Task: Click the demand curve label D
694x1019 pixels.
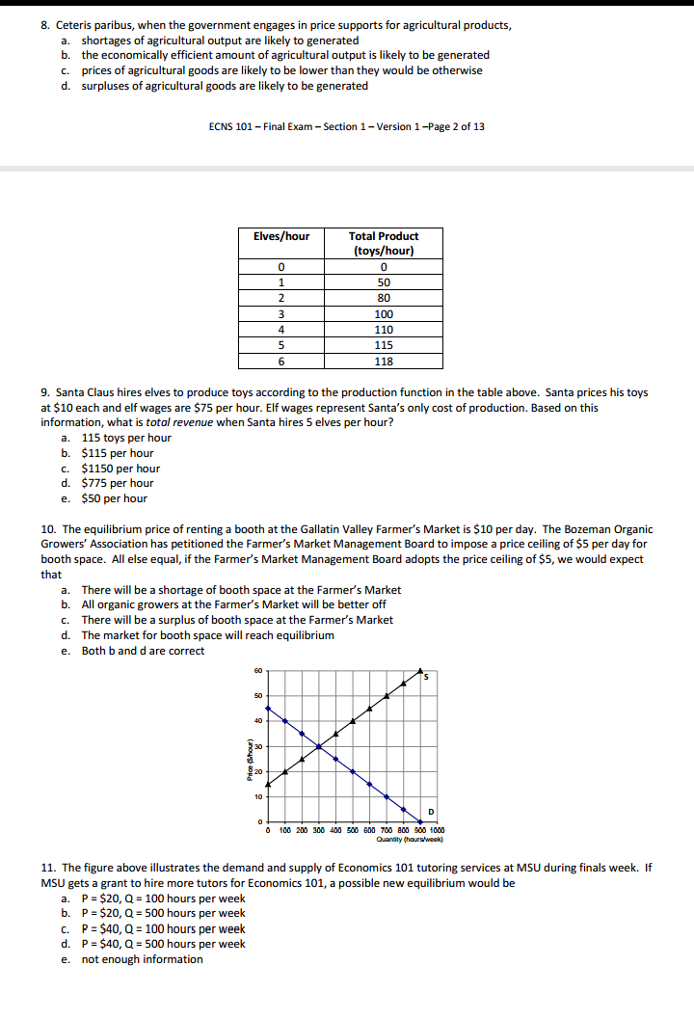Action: pyautogui.click(x=430, y=809)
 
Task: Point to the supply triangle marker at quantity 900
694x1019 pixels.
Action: pyautogui.click(x=404, y=683)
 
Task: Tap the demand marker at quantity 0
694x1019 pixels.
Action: pyautogui.click(x=267, y=707)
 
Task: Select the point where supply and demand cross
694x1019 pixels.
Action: pyautogui.click(x=318, y=746)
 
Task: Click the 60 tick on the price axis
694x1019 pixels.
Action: pyautogui.click(x=257, y=671)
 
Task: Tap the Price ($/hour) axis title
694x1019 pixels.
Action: pyautogui.click(x=248, y=746)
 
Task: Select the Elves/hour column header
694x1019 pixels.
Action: pyautogui.click(x=280, y=236)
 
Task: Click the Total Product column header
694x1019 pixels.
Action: pyautogui.click(x=384, y=243)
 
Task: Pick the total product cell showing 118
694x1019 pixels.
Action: pyautogui.click(x=384, y=362)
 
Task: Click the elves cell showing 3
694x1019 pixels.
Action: pyautogui.click(x=280, y=314)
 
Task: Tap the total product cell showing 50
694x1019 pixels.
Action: pyautogui.click(x=384, y=282)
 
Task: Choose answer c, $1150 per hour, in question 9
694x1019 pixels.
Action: pyautogui.click(x=120, y=468)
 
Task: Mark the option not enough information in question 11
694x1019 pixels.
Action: pyautogui.click(x=142, y=959)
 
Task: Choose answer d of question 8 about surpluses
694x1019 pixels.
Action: pyautogui.click(x=224, y=86)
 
